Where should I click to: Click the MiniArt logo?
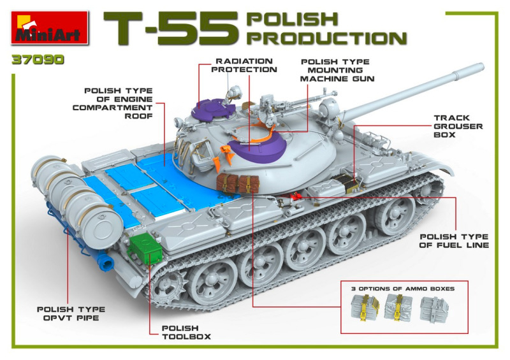(x=50, y=27)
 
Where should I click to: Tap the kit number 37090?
(x=38, y=60)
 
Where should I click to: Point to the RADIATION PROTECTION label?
(x=244, y=66)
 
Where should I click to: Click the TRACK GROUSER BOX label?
(x=458, y=126)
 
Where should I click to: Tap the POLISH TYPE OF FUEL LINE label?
(x=454, y=241)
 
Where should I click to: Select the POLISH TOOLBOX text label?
(x=186, y=333)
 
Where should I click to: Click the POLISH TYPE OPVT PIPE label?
(x=71, y=313)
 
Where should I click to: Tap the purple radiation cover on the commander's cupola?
(x=213, y=109)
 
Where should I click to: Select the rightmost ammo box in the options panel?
(x=434, y=308)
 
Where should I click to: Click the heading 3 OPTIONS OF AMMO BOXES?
(x=403, y=289)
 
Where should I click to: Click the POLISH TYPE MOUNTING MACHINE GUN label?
(x=337, y=70)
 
